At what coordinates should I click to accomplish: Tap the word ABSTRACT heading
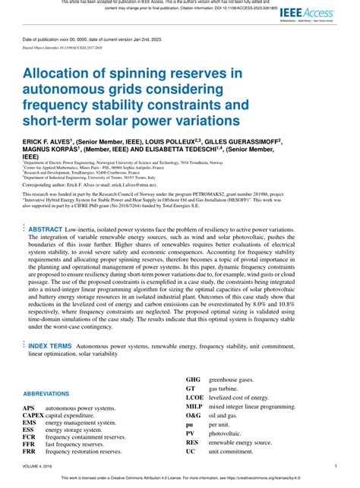point(46,208)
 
